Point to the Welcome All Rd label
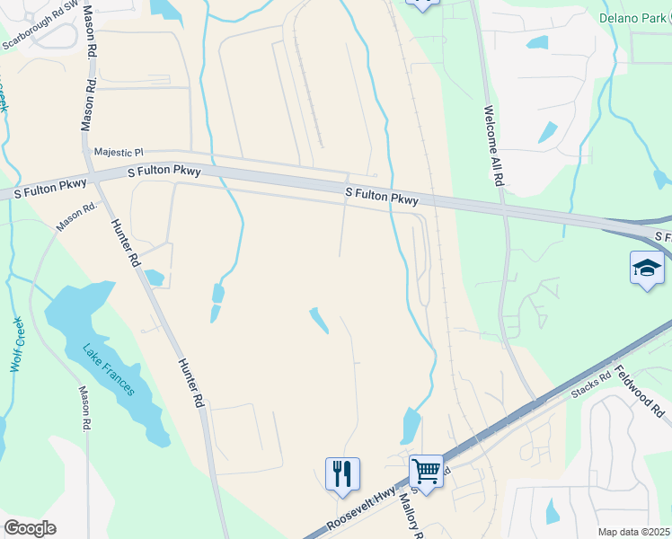click(495, 146)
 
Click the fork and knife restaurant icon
click(342, 473)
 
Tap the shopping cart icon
click(427, 470)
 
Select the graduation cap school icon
click(647, 268)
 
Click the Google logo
click(30, 527)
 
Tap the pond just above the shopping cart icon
click(411, 424)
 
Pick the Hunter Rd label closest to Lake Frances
click(188, 382)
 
